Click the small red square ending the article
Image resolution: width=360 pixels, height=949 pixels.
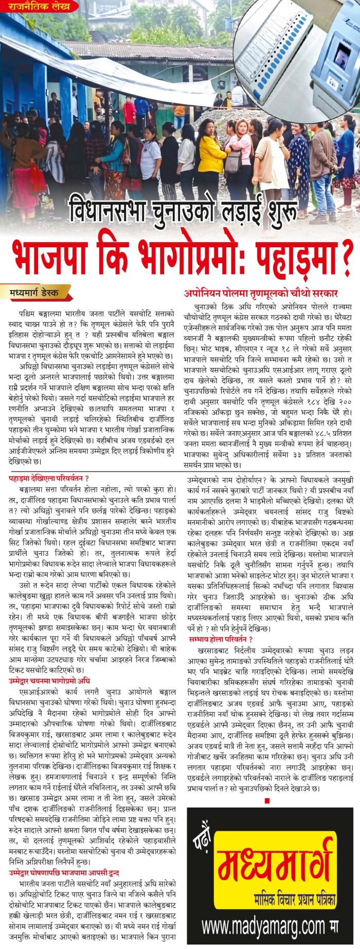click(x=267, y=786)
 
